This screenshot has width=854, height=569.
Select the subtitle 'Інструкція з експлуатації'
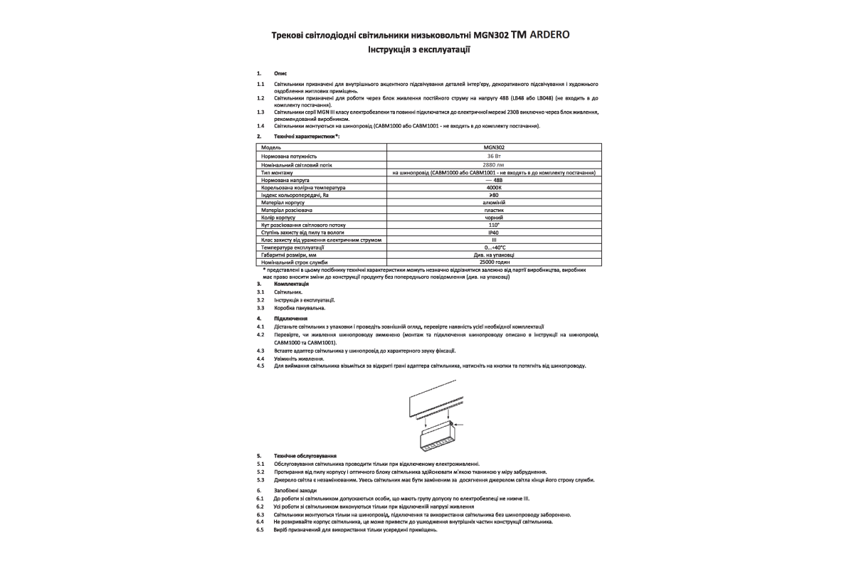(419, 50)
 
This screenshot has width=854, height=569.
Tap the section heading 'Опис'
(279, 73)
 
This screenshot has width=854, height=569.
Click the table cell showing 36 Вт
(494, 156)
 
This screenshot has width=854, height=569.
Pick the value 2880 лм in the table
(493, 164)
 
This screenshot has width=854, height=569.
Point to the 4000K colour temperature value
(494, 188)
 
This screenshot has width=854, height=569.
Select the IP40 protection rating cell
(494, 233)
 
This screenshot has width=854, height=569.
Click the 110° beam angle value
(494, 225)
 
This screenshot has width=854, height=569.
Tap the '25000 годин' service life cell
(494, 262)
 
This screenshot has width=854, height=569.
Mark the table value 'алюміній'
(494, 203)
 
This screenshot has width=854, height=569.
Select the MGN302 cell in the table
(494, 148)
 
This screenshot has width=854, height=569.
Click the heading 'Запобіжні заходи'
(295, 491)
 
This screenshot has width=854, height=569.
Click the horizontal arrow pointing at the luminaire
(458, 426)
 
